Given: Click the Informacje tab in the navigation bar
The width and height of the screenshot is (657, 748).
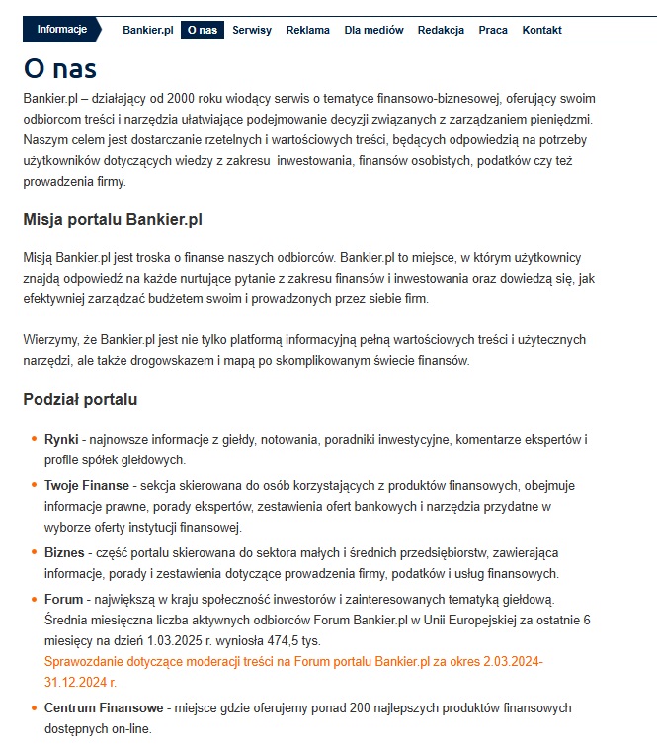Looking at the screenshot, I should point(61,29).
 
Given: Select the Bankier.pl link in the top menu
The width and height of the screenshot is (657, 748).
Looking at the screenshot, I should point(148,30).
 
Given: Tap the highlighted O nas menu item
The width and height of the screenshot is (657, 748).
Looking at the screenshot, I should point(202,30).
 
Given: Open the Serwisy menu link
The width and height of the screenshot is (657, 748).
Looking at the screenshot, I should point(252,30).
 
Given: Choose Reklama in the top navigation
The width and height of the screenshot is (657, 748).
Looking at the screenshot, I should point(308,30).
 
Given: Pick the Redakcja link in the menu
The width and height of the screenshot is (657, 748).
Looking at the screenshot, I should point(441,30).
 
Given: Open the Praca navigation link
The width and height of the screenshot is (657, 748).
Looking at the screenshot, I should point(493,30).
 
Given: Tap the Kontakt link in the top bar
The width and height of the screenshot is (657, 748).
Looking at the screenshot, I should point(541,30).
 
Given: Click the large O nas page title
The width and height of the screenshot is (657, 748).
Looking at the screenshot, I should point(60,68).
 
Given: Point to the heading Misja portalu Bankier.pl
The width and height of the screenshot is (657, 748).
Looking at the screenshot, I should point(113,219).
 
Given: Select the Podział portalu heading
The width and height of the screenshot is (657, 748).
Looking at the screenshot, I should point(80,400).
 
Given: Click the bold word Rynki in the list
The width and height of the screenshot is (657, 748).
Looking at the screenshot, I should point(61,438).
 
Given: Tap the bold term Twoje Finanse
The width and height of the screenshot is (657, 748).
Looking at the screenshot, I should point(87,486).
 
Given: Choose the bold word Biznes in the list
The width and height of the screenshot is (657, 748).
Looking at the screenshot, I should point(64,551).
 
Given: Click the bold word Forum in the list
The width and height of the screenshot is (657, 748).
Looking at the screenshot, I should point(63,599).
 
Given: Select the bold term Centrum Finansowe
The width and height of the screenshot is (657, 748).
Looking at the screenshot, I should point(104,708).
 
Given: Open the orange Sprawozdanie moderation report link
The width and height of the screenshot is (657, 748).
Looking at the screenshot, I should point(293,661).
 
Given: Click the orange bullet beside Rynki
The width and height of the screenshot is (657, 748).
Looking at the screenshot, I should point(35,438).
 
